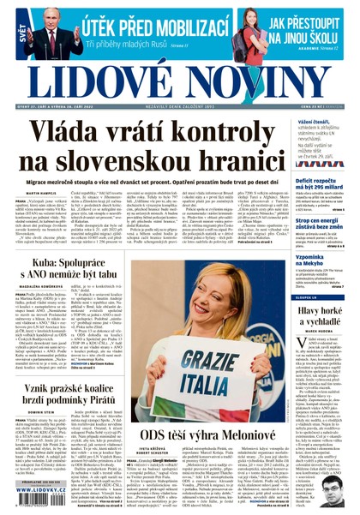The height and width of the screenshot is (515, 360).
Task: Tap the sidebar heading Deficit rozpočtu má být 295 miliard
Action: coord(324,185)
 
